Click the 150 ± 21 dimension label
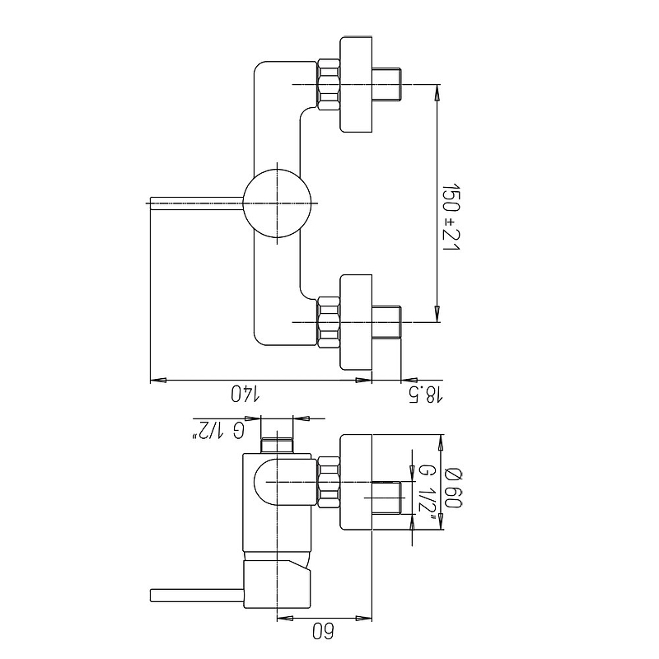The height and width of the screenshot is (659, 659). click(x=451, y=217)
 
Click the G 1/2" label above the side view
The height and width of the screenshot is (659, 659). click(x=218, y=431)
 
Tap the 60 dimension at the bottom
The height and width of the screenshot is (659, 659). click(x=323, y=631)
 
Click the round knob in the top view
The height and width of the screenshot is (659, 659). click(x=278, y=203)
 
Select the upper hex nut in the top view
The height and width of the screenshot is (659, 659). click(x=328, y=85)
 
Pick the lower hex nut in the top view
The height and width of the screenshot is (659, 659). click(x=328, y=322)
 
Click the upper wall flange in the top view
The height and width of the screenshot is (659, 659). click(x=356, y=85)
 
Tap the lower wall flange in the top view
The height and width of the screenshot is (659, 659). click(x=356, y=322)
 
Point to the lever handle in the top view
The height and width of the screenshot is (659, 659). click(x=197, y=203)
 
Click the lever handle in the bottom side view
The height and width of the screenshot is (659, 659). click(x=197, y=596)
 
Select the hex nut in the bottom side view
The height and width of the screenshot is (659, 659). click(x=328, y=482)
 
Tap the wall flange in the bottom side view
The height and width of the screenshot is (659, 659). click(x=356, y=482)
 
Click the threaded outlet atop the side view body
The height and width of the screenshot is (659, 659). click(x=277, y=446)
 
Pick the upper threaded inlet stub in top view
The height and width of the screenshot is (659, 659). click(x=386, y=85)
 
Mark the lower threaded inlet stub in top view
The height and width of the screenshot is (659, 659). click(x=386, y=322)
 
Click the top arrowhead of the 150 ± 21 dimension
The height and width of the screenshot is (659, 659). click(x=437, y=92)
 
